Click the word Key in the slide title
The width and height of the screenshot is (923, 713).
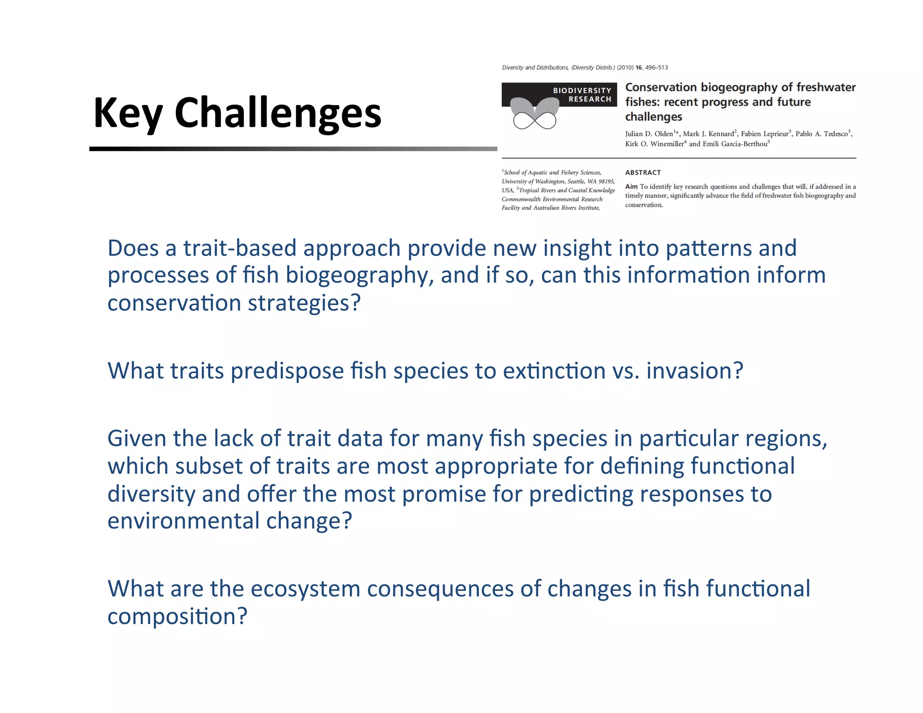128,114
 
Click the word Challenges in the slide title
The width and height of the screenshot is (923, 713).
278,114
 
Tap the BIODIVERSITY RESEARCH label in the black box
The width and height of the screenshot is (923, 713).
582,95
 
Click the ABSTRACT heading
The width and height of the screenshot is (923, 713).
643,173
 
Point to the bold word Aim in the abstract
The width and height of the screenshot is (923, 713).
631,187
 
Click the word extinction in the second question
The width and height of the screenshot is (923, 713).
554,371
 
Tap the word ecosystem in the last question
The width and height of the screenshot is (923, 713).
305,589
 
